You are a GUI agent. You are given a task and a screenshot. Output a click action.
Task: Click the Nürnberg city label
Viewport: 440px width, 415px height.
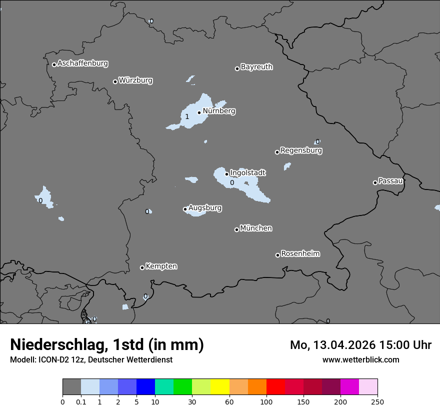218,111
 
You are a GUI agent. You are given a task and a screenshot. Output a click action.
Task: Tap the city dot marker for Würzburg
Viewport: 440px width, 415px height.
115,81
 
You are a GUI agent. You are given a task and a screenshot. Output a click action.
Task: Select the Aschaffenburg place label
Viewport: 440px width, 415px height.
82,63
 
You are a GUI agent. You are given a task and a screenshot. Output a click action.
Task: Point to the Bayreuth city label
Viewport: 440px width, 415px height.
256,66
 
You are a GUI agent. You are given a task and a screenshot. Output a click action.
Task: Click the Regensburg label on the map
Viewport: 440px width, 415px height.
301,150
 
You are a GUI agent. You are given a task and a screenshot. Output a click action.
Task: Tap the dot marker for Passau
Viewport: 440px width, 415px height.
375,182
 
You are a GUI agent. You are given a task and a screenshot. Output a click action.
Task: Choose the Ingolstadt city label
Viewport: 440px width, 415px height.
247,172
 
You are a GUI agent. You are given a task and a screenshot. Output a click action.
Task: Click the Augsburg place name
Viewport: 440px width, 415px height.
205,207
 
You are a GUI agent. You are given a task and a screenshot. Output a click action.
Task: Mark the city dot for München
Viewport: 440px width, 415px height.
236,229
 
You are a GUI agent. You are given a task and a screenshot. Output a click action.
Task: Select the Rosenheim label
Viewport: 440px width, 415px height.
300,253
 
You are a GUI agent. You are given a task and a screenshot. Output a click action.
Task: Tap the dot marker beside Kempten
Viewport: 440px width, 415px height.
142,267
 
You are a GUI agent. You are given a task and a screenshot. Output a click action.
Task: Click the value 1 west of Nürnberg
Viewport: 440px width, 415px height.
187,116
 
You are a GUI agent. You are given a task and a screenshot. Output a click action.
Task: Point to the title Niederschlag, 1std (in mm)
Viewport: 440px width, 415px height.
107,344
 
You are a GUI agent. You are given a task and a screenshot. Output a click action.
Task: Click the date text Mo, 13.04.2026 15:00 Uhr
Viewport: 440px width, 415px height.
360,345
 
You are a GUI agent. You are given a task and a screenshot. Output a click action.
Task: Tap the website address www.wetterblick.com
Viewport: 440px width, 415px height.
360,359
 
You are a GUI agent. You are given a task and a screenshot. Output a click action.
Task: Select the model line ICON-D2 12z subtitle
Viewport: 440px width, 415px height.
91,359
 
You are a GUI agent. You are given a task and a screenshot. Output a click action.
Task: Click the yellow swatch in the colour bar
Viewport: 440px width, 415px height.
220,387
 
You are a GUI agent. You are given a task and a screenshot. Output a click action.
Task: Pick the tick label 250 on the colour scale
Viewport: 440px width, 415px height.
377,401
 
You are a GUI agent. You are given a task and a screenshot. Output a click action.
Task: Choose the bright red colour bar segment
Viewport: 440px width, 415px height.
275,387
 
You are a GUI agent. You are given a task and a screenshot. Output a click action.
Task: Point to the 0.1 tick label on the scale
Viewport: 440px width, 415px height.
81,401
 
